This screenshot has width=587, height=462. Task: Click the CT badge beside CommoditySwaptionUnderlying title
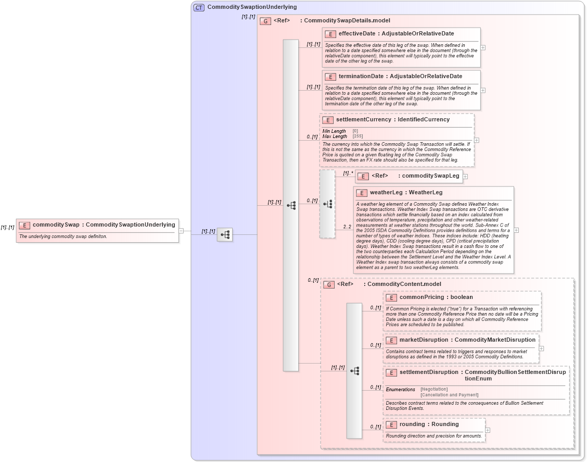pyautogui.click(x=199, y=7)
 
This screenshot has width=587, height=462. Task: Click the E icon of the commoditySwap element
pyautogui.click(x=24, y=225)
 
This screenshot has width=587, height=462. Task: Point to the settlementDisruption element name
pyautogui.click(x=429, y=372)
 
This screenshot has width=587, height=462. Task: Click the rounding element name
pyautogui.click(x=412, y=424)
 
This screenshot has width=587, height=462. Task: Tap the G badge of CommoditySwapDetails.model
pyautogui.click(x=265, y=21)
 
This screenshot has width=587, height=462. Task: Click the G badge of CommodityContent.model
pyautogui.click(x=329, y=284)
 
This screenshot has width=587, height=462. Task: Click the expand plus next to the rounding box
pyautogui.click(x=488, y=430)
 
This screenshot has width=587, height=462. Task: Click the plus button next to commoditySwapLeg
pyautogui.click(x=465, y=177)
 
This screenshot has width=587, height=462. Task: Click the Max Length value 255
pyautogui.click(x=358, y=136)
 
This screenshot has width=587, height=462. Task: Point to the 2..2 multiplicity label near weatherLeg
pyautogui.click(x=347, y=227)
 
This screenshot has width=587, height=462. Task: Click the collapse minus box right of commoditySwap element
pyautogui.click(x=181, y=230)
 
